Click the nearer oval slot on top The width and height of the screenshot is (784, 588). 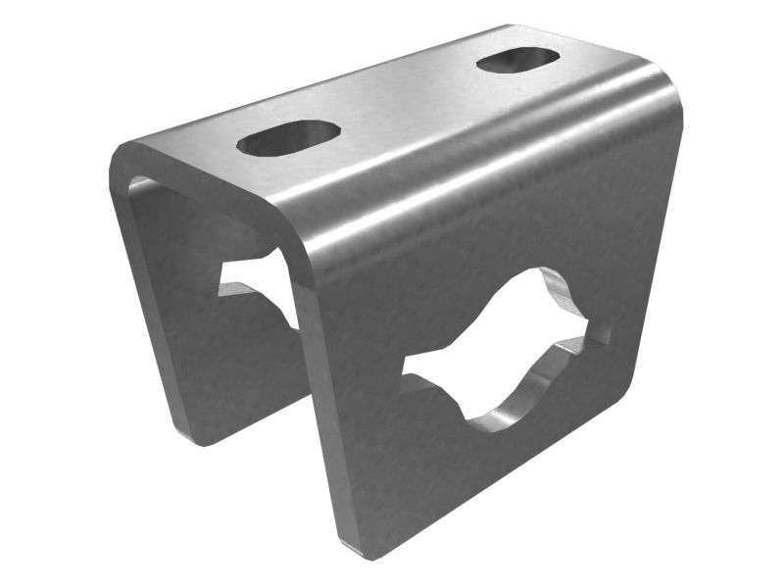tap(288, 138)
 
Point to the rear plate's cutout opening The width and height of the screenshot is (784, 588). tap(253, 278)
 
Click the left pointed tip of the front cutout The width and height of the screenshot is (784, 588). tap(406, 369)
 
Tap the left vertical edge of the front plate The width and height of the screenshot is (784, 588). tap(318, 392)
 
